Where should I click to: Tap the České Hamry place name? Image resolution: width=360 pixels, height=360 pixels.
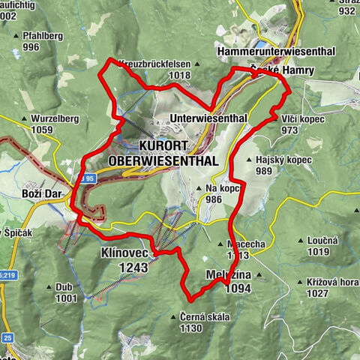pos(276,70)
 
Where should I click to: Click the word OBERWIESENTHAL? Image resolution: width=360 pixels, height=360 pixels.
pos(163,160)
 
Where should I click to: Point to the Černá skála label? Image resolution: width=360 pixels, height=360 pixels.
pos(203,316)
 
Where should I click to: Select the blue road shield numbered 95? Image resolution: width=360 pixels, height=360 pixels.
pos(88,178)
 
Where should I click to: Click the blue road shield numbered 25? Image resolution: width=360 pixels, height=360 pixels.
pos(7,337)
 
